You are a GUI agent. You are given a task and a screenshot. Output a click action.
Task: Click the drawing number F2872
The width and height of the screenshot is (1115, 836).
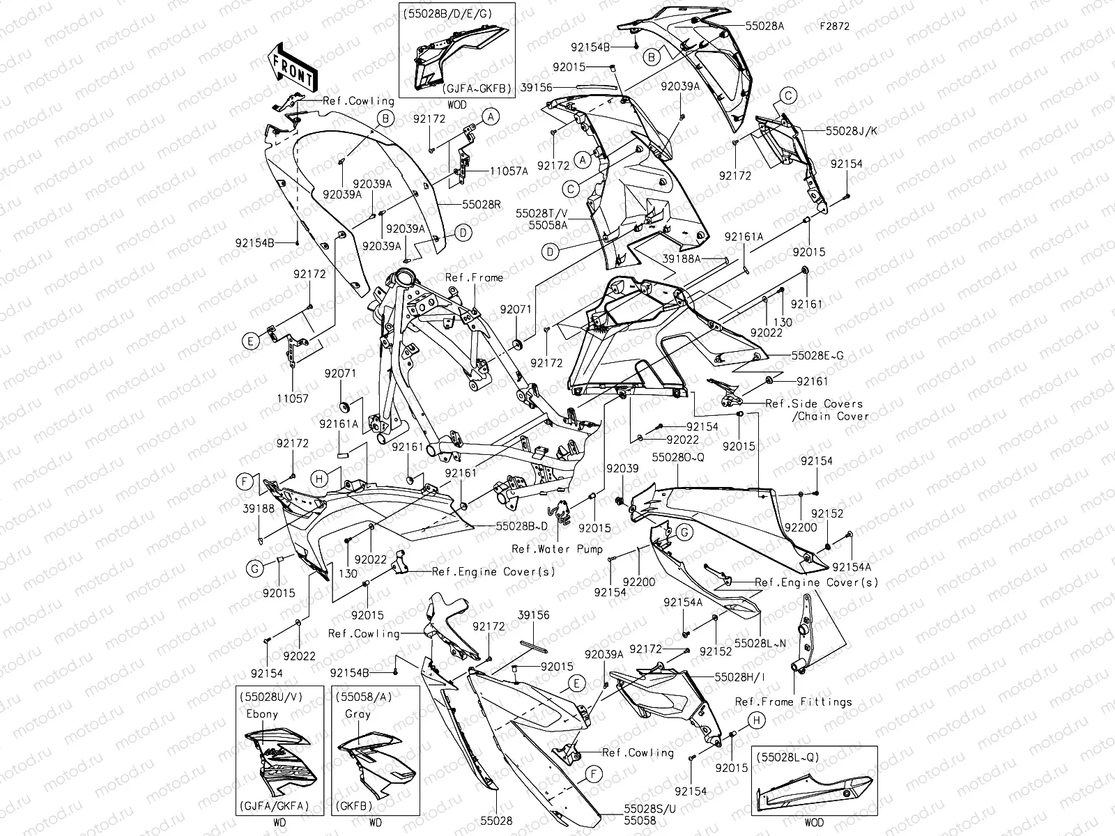[834, 27]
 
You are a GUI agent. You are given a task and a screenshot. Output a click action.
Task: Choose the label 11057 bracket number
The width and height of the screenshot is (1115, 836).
[293, 398]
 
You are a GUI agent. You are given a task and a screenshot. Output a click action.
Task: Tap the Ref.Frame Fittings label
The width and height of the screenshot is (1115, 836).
[794, 702]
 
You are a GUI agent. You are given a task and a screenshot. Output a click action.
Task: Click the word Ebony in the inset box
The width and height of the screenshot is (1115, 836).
[262, 714]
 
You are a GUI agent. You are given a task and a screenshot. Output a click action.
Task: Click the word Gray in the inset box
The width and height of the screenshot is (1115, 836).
[358, 714]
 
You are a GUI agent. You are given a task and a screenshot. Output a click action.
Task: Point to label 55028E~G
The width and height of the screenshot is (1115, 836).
[817, 355]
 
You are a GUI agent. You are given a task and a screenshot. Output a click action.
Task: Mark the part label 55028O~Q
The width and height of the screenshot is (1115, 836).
[677, 456]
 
